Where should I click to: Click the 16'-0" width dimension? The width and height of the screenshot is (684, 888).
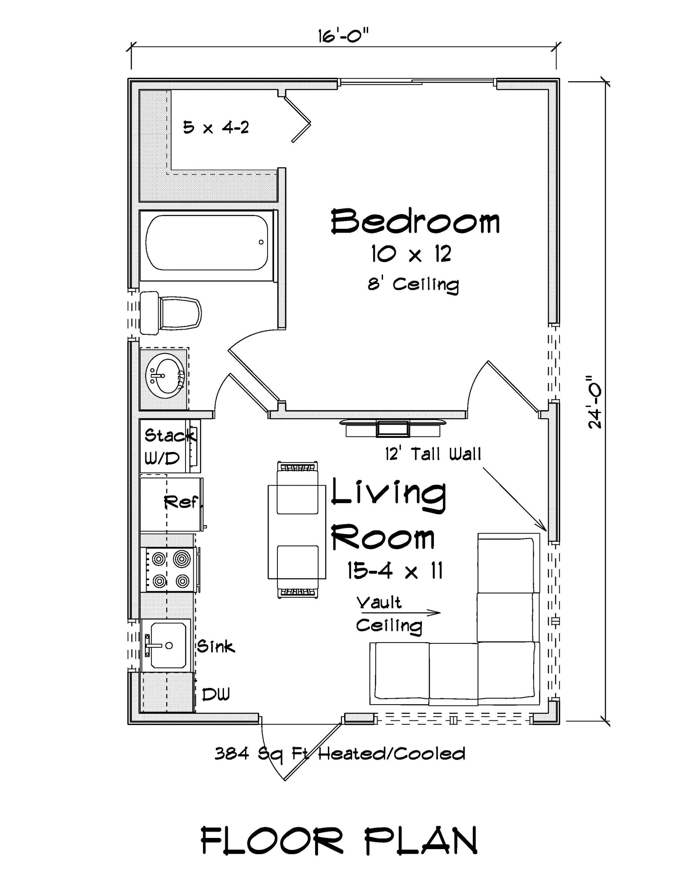[342, 36]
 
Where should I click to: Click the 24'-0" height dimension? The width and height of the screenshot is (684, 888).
[595, 402]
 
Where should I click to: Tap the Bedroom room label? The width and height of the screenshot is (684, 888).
[415, 221]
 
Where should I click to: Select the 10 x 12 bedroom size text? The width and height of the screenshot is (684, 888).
[411, 254]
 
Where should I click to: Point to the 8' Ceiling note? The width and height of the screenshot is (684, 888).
[413, 284]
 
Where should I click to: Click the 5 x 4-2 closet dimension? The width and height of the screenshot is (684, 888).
[216, 127]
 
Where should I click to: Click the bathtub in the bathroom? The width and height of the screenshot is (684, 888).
[207, 242]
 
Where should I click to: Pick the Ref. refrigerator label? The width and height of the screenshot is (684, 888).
[182, 502]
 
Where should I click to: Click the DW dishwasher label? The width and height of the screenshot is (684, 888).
[215, 694]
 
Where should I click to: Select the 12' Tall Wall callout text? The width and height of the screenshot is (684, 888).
[433, 454]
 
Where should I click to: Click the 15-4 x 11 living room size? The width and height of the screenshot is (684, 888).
[394, 571]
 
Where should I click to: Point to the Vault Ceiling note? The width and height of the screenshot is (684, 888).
[388, 614]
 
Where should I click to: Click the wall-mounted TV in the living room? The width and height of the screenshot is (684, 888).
[392, 428]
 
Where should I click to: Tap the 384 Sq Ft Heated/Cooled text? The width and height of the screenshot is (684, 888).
[340, 753]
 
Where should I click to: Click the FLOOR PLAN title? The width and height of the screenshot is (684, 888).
[339, 840]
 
